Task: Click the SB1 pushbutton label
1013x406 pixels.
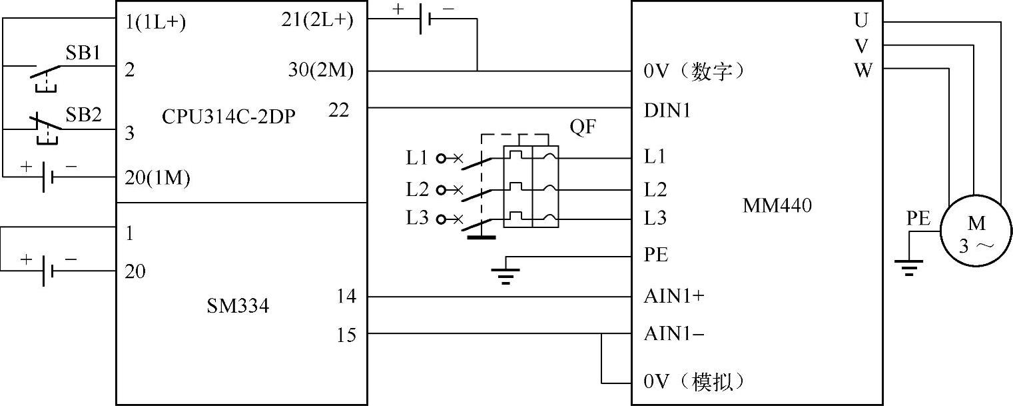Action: click(83, 53)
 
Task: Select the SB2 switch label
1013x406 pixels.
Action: click(83, 115)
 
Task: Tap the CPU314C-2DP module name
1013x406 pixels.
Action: click(228, 116)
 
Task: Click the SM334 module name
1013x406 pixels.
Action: click(238, 307)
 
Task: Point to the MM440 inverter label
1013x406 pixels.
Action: click(777, 206)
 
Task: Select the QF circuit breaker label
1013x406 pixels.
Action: click(582, 128)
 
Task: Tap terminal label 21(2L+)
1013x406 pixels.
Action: click(317, 21)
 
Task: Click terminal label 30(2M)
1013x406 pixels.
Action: click(321, 70)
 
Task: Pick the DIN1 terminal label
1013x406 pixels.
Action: click(667, 111)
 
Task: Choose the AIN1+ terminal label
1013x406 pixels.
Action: click(673, 297)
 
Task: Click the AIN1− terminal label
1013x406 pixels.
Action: click(673, 333)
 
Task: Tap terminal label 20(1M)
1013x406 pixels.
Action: click(157, 178)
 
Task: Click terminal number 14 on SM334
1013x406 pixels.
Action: click(347, 296)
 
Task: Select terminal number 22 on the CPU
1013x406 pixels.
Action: click(338, 111)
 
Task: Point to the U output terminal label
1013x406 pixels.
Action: click(861, 21)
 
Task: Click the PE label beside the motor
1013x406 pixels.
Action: click(918, 219)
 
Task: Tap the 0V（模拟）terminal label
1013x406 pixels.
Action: click(693, 382)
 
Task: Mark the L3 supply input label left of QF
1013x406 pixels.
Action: click(417, 218)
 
